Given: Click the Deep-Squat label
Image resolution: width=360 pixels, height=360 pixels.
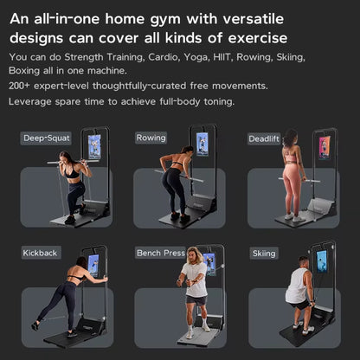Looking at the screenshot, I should coord(46,138).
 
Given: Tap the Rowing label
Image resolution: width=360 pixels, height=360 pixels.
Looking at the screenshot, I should coord(151,138).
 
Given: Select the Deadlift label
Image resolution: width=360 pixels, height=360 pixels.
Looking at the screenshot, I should coord(265,138).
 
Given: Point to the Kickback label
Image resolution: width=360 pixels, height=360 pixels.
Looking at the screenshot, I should coord(41,253).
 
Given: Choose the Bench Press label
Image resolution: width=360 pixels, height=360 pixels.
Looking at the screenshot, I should coord(161,253).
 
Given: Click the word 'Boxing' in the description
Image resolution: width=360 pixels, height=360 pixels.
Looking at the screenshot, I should coord(27,71).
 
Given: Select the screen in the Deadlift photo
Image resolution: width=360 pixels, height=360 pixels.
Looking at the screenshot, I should coord(323,147).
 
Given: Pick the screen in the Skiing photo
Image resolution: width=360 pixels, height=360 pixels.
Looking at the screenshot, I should coord(322,260).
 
